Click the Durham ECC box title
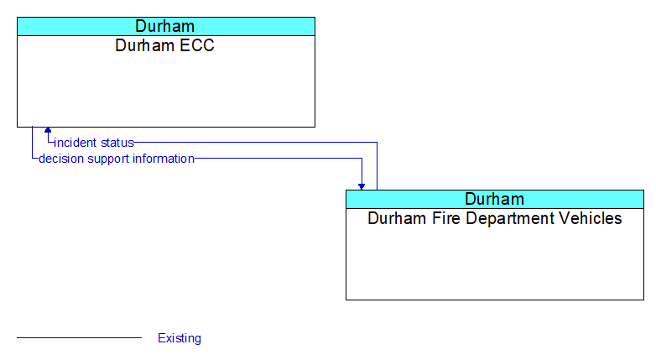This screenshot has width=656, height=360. pos(164,45)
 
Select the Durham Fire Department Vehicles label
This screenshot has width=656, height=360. pos(494,218)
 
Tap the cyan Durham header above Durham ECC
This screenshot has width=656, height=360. pos(166,26)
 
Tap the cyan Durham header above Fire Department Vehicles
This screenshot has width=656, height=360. pos(495,199)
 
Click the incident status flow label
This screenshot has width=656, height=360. pos(94,143)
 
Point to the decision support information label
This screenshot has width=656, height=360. pos(117,159)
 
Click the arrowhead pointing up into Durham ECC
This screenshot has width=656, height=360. pos(48,130)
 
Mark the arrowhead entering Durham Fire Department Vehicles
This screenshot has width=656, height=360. pos(362,186)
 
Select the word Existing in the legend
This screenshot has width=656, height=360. pos(180,338)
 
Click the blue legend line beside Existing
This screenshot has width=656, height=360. pos(79,337)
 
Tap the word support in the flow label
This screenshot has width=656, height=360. pos(108,159)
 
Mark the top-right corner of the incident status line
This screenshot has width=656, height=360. pos(377,143)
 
